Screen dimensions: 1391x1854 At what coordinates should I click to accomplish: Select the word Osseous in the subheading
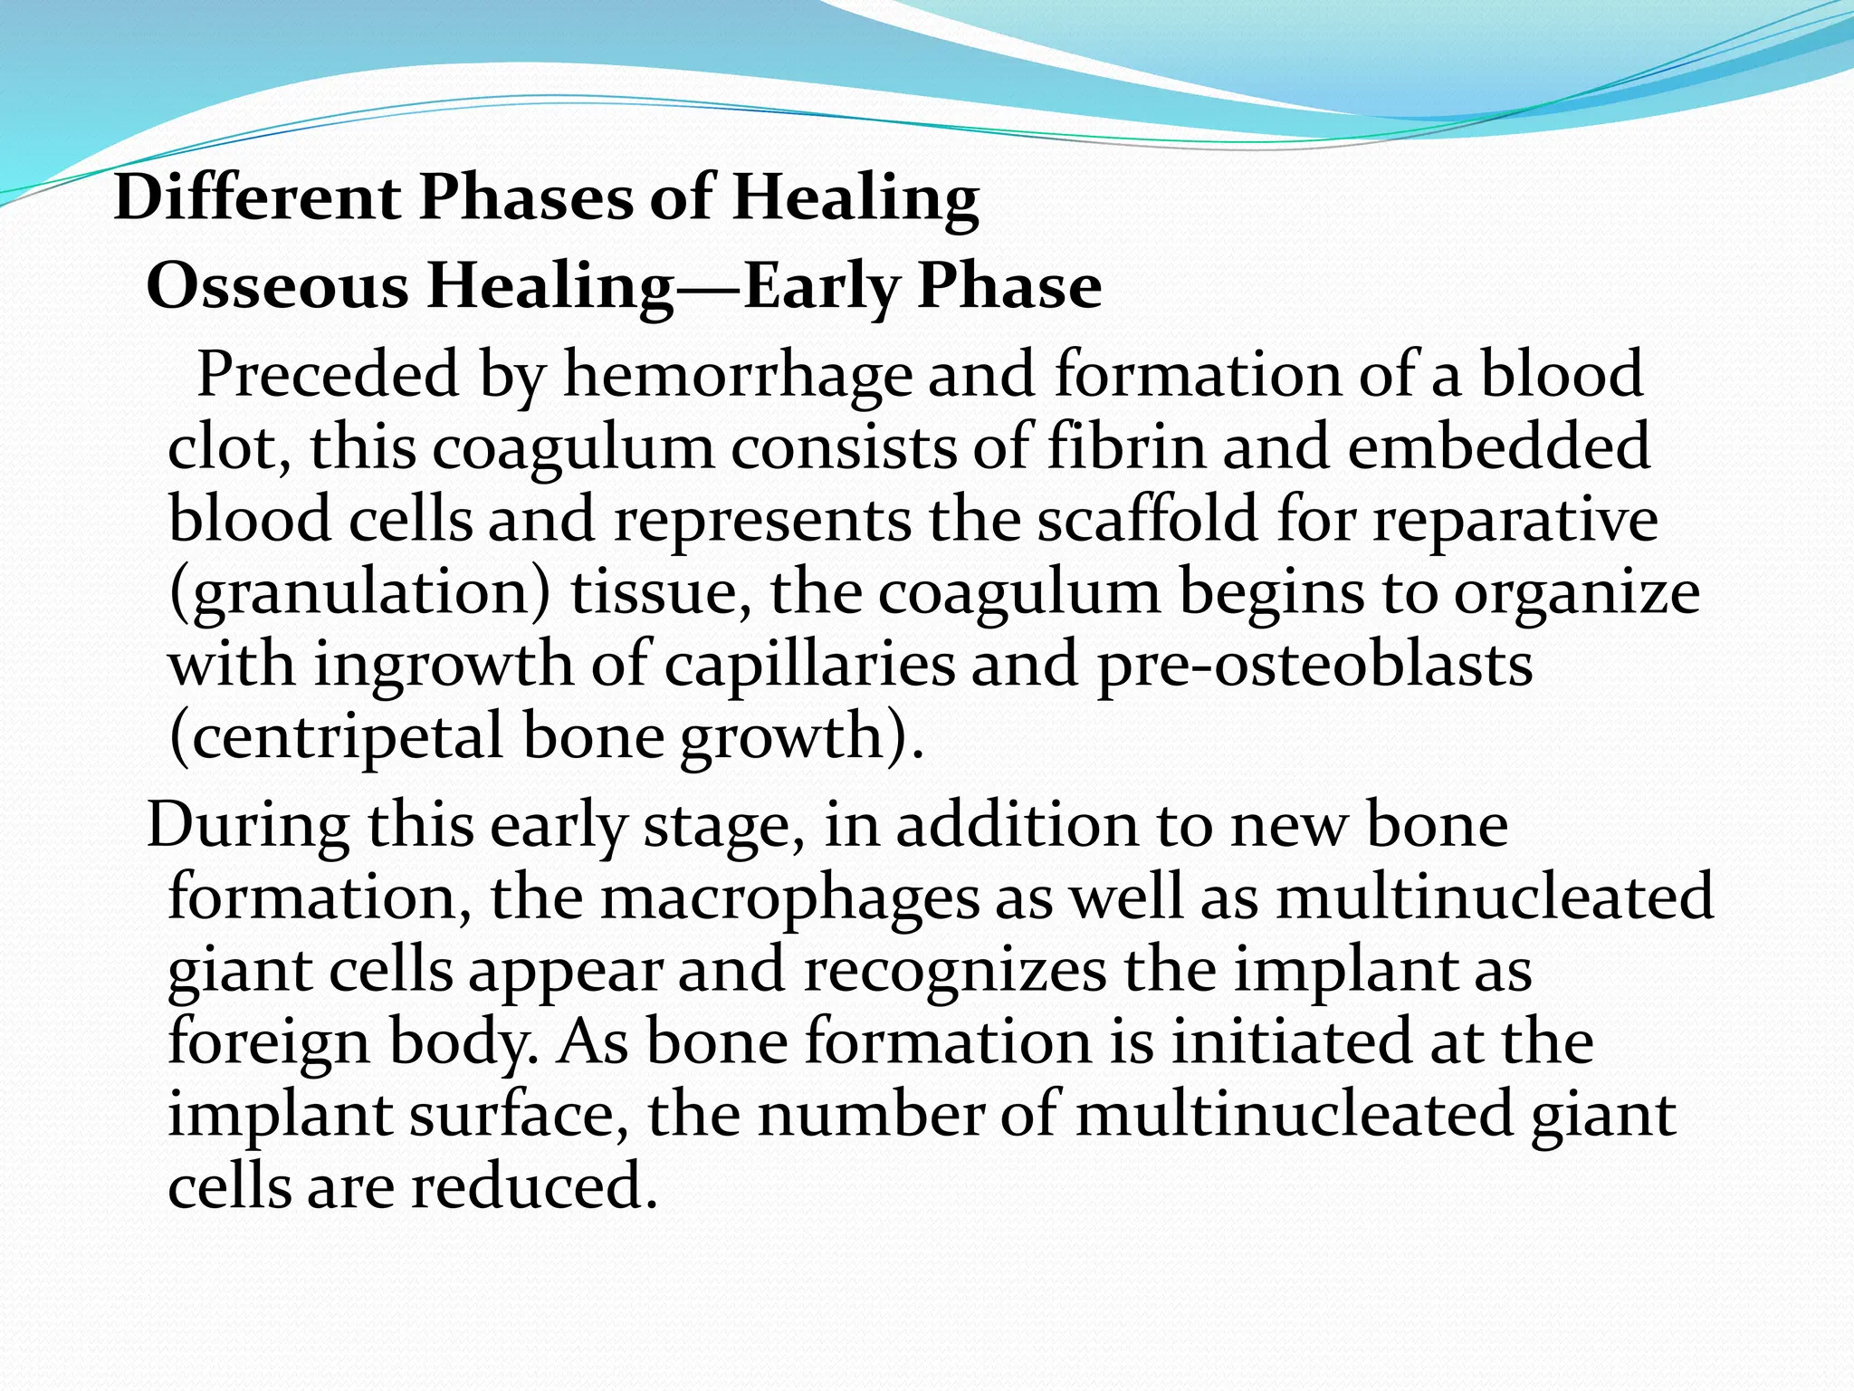pyautogui.click(x=278, y=287)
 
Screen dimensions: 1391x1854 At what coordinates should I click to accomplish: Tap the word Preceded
pyautogui.click(x=328, y=374)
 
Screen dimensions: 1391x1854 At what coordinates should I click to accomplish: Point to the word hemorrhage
pyautogui.click(x=738, y=376)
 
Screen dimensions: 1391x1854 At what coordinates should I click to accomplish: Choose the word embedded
pyautogui.click(x=1498, y=446)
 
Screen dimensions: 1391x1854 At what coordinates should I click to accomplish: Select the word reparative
pyautogui.click(x=1515, y=521)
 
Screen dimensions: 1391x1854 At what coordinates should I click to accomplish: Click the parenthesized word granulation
pyautogui.click(x=359, y=593)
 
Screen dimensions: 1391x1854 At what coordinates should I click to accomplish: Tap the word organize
pyautogui.click(x=1577, y=593)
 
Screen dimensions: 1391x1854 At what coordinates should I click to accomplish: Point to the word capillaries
pyautogui.click(x=809, y=666)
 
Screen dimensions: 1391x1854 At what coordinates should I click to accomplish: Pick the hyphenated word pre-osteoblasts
pyautogui.click(x=1314, y=666)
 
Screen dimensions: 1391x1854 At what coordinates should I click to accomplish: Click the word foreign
pyautogui.click(x=269, y=1043)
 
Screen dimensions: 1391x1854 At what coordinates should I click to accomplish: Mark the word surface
pyautogui.click(x=520, y=1114)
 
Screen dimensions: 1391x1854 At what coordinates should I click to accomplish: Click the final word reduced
pyautogui.click(x=534, y=1186)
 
